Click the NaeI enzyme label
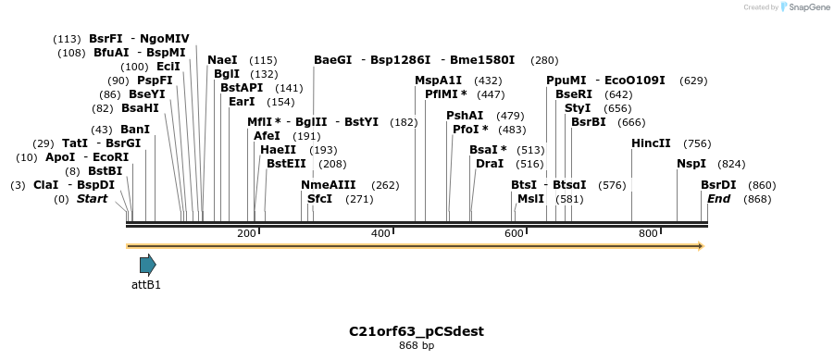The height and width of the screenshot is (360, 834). (x=222, y=60)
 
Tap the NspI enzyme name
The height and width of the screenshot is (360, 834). (x=691, y=164)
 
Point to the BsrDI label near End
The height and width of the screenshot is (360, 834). (x=719, y=185)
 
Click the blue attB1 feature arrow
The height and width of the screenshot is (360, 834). (x=147, y=265)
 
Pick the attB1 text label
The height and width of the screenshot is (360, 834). (x=146, y=285)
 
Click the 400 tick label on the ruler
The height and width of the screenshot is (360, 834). (x=380, y=234)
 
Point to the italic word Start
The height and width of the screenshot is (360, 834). (x=92, y=199)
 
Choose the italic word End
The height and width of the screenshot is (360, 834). (x=719, y=199)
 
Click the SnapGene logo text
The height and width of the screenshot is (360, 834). (x=807, y=7)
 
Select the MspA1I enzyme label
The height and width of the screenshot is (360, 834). (x=438, y=81)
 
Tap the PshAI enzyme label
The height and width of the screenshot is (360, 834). (x=465, y=116)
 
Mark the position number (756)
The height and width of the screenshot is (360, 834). (x=697, y=143)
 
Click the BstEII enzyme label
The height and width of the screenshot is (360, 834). (x=286, y=164)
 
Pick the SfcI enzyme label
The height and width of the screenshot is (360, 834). (x=319, y=199)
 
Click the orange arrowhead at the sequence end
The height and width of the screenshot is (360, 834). (x=700, y=246)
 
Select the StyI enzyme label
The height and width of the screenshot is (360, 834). (x=578, y=108)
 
